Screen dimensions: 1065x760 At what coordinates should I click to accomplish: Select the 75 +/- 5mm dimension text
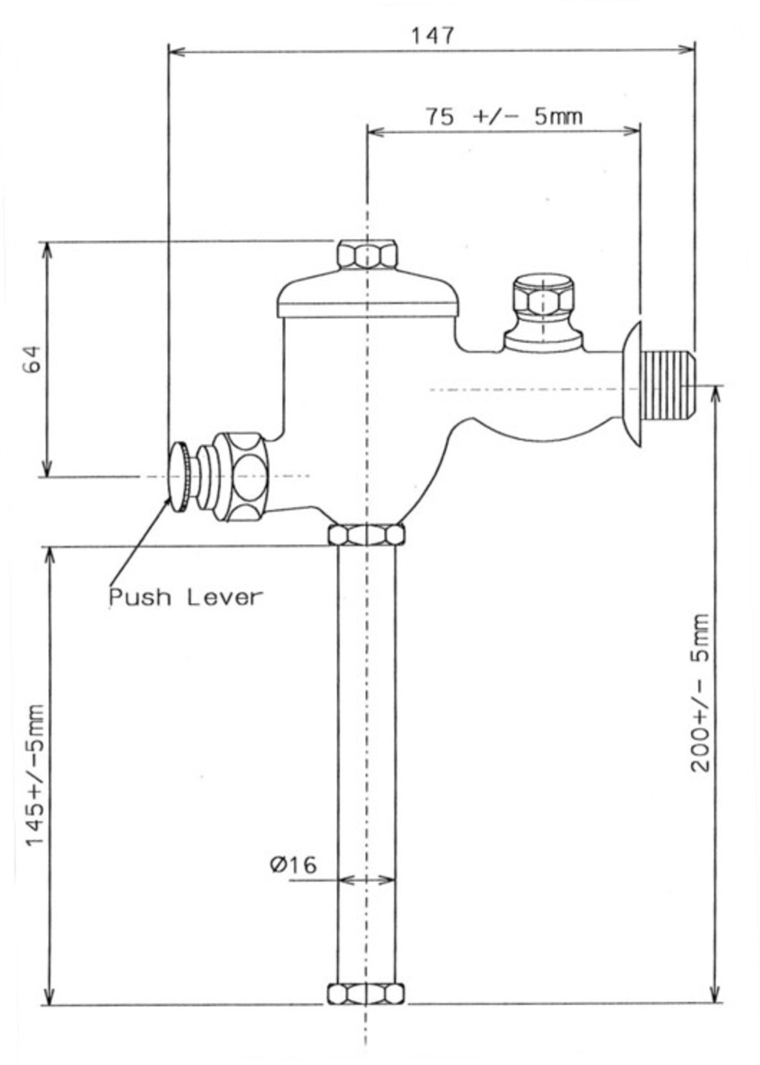click(x=504, y=117)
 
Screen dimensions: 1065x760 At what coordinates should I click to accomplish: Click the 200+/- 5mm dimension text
click(x=701, y=692)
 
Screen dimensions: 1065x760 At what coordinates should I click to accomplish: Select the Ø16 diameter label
click(x=293, y=864)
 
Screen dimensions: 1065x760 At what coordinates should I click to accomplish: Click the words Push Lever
click(x=186, y=597)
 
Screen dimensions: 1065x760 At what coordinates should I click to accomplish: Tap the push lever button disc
click(x=180, y=476)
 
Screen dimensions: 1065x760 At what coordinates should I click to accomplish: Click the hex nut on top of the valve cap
click(x=367, y=255)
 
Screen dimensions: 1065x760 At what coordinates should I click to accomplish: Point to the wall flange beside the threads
click(x=632, y=385)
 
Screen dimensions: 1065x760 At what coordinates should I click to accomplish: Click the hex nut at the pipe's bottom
click(x=367, y=994)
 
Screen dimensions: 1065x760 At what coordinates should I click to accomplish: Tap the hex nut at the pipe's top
click(x=367, y=535)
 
